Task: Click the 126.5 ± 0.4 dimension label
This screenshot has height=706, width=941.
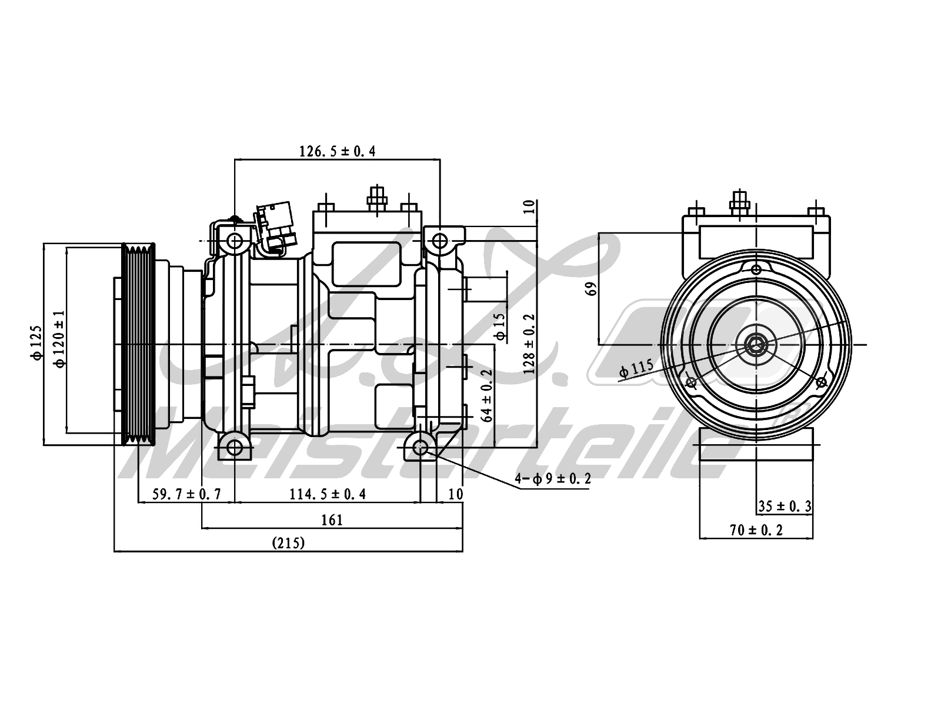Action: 337,151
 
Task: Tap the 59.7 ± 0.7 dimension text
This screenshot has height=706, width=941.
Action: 186,494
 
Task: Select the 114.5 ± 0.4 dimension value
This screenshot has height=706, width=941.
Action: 328,494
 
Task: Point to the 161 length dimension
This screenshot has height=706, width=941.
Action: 332,520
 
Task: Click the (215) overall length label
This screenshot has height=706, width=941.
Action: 288,543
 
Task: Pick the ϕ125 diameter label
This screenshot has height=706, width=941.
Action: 37,342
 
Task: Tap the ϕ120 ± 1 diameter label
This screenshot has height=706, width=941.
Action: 59,339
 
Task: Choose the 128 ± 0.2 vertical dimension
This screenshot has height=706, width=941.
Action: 529,344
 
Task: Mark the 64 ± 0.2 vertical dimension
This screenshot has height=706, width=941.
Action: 486,395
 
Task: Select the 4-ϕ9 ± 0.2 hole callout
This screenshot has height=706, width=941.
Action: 553,479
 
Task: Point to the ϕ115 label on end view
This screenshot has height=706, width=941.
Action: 636,368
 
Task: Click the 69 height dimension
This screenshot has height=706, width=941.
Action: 591,288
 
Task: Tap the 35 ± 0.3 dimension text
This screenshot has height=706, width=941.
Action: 785,505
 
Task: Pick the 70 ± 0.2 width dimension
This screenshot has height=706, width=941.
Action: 756,530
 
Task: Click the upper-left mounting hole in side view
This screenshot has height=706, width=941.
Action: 235,241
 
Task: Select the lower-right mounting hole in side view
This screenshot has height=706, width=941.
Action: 420,448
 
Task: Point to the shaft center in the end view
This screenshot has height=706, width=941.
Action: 755,345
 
